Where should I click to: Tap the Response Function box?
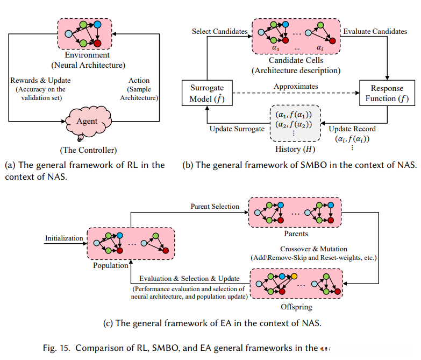tap(387, 94)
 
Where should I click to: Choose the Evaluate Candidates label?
tap(375, 32)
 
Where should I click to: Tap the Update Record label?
tap(350, 129)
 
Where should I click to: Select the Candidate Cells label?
tap(296, 60)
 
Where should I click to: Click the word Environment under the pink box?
tap(87, 55)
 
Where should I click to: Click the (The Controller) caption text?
tap(88, 149)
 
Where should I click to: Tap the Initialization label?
tap(64, 238)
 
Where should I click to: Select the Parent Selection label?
tap(215, 207)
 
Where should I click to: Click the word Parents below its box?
tap(296, 234)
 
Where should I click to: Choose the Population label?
tap(111, 265)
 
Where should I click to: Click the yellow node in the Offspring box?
tap(294, 276)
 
